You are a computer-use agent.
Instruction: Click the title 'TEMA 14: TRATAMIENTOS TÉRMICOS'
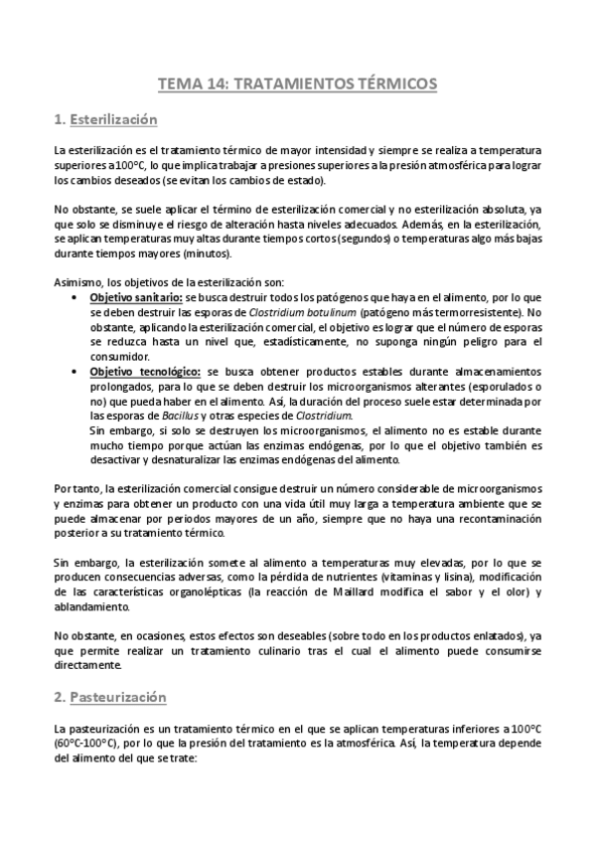coord(297,85)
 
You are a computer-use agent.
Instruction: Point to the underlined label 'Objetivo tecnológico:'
coord(142,368)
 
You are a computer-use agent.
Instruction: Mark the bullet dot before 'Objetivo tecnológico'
coord(78,368)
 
